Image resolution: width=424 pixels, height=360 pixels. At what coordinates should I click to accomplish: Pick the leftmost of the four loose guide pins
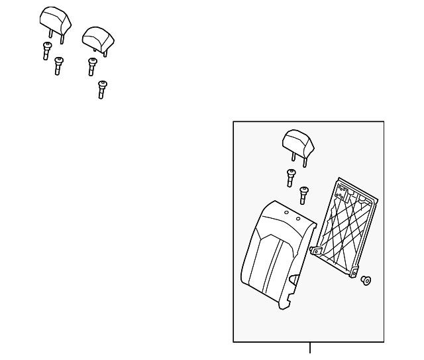click(x=46, y=50)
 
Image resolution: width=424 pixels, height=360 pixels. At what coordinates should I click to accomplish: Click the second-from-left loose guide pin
click(x=58, y=66)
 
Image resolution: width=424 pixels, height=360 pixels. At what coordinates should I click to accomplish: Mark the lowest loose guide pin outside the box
click(x=101, y=90)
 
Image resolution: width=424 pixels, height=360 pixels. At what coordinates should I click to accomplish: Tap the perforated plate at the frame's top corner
click(x=344, y=193)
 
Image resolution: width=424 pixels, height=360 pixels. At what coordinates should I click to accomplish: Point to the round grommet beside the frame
click(x=366, y=282)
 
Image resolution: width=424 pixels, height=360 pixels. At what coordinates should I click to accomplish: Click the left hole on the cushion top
click(x=286, y=213)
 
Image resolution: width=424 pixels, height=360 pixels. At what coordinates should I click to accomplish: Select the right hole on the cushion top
click(x=298, y=218)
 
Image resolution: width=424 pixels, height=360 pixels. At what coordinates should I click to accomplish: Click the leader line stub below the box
click(x=309, y=348)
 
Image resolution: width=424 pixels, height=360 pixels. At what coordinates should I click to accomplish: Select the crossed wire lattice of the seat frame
click(x=346, y=229)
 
